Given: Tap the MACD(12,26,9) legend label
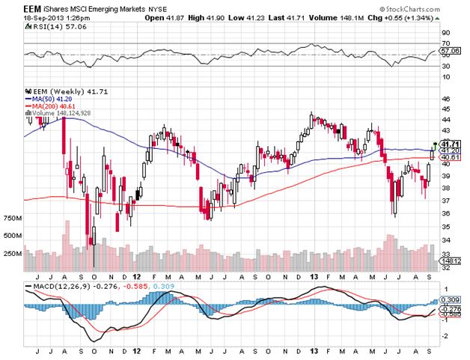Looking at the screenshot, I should pyautogui.click(x=60, y=287).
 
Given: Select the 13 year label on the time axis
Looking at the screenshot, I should pyautogui.click(x=316, y=350).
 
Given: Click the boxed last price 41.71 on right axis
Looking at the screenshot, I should pyautogui.click(x=449, y=144).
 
